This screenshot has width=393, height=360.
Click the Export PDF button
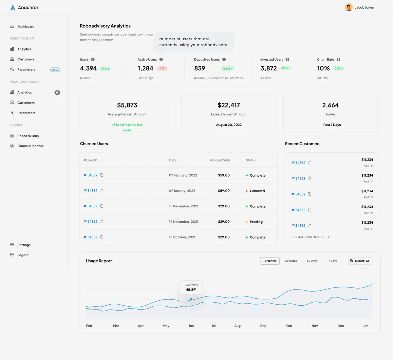point(360,261)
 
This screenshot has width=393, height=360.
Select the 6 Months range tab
point(291,261)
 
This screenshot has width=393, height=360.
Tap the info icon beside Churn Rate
point(338,59)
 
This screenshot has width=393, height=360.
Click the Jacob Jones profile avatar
point(348,8)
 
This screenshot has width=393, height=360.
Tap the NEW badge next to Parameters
point(55,69)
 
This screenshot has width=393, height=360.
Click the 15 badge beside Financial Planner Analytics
point(57,92)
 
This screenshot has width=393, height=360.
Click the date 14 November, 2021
point(184,222)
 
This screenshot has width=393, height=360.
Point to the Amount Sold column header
point(220,160)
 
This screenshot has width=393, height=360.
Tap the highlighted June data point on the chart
point(191,299)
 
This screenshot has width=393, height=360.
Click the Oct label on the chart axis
point(289,326)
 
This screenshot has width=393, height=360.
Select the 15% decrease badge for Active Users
point(162,68)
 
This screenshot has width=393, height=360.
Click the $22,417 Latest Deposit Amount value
point(229,105)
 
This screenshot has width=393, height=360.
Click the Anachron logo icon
point(13,8)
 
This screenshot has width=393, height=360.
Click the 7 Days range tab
point(333,261)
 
